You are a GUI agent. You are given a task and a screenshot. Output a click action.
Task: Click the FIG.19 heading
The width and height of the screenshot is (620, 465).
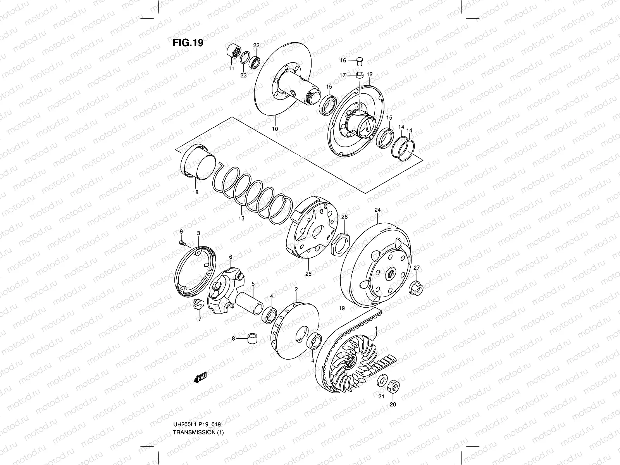tap(188, 42)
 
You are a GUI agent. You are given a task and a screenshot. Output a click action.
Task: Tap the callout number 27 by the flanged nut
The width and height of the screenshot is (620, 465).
tap(417, 268)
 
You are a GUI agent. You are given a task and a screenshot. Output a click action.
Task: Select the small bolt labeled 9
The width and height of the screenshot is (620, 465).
tap(181, 243)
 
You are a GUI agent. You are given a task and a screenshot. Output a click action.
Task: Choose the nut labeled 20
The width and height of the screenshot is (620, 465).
tap(392, 385)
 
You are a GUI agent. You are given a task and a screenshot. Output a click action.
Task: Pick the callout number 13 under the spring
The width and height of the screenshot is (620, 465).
tap(241, 219)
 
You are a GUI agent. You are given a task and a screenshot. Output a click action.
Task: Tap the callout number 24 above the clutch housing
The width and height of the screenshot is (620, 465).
tap(377, 210)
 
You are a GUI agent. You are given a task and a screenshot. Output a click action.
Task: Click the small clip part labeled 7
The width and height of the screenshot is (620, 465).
tap(197, 305)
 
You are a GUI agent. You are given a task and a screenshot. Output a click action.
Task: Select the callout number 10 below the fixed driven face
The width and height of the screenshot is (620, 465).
tap(275, 129)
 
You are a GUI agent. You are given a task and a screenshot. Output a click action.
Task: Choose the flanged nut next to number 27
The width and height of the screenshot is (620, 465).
tap(416, 288)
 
